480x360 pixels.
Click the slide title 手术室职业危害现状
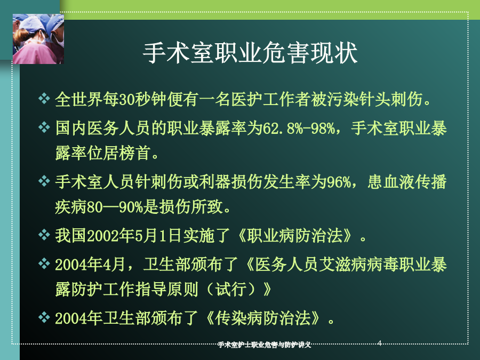click(250, 53)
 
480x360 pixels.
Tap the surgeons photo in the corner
click(38, 39)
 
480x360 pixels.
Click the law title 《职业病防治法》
click(295, 236)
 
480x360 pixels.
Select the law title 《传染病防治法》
click(263, 318)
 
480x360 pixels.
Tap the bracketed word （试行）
click(231, 289)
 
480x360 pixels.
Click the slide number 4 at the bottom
click(380, 343)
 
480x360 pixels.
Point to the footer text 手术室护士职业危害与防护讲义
click(264, 345)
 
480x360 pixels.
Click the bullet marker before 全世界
click(44, 99)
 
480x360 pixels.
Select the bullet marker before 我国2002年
click(44, 235)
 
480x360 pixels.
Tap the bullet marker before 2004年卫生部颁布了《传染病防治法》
click(44, 317)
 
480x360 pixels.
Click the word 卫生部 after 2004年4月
click(167, 265)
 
